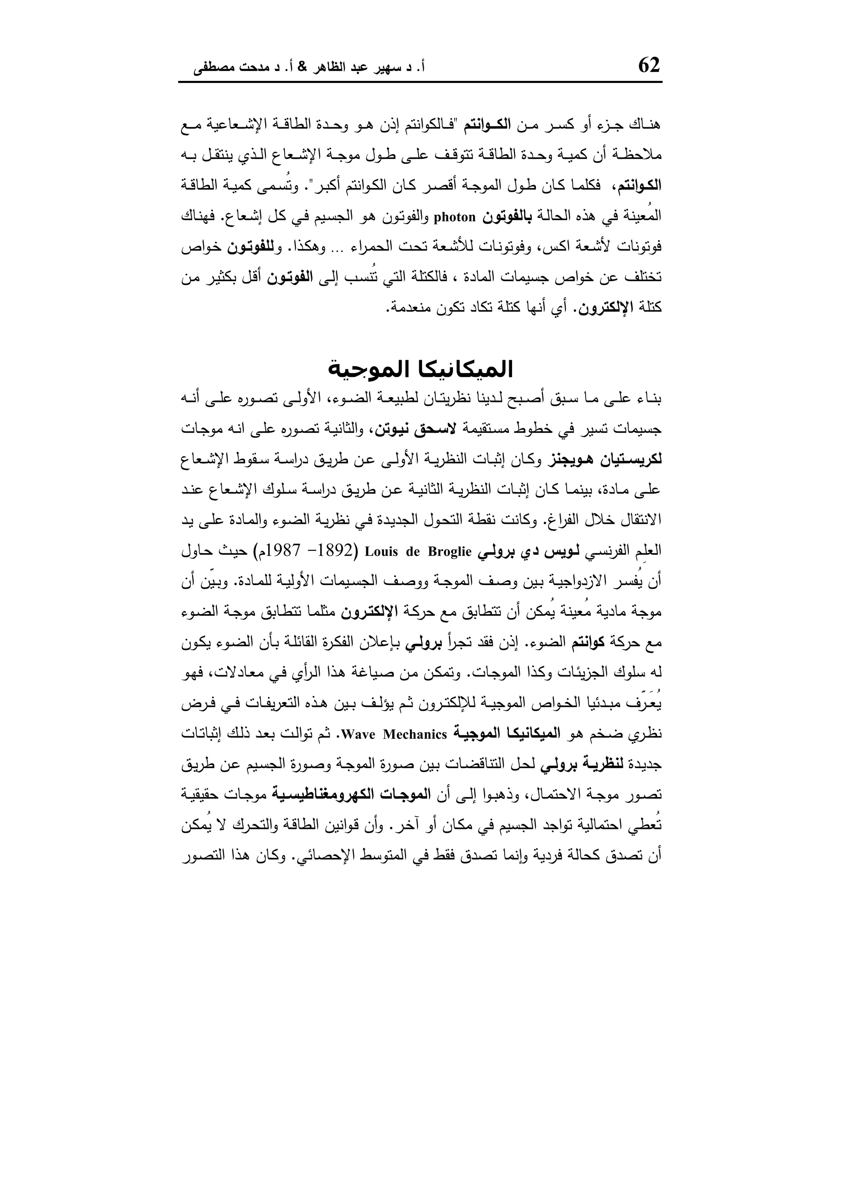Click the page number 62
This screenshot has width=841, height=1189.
coord(649,66)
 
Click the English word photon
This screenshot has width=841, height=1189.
coord(454,217)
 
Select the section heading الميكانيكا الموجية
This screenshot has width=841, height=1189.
coord(420,370)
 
